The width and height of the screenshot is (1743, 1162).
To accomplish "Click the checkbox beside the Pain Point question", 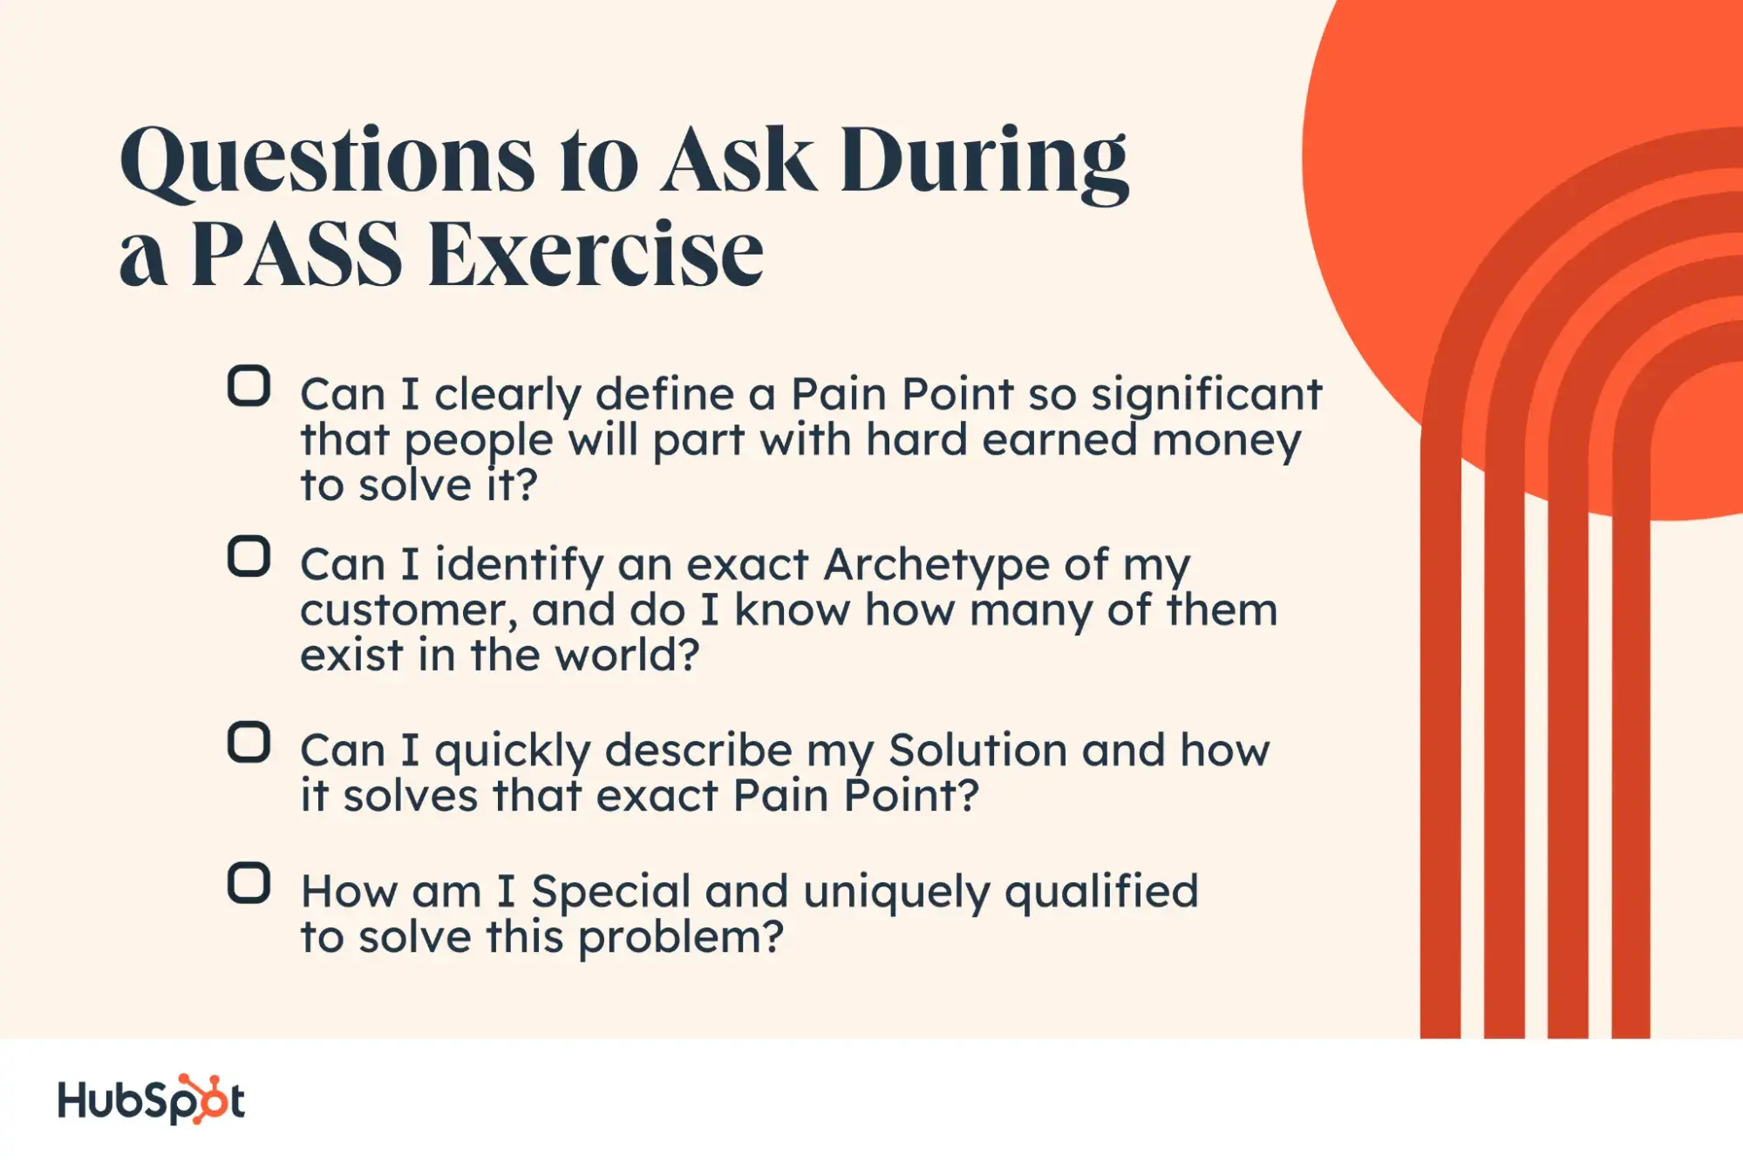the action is (249, 386).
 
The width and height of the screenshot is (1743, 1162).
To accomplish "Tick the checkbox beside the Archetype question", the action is (249, 556).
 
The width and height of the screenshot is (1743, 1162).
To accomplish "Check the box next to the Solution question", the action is (249, 743).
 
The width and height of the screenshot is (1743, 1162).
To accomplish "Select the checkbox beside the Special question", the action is (249, 884).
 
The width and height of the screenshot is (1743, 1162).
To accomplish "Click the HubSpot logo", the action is (151, 1099).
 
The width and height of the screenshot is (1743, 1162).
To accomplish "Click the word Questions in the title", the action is (327, 160).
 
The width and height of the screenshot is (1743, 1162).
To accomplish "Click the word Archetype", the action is (936, 566).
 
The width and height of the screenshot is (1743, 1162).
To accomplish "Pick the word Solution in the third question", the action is (978, 750).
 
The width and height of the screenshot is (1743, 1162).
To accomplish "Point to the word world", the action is (628, 656).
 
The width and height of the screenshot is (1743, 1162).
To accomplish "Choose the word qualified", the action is (1101, 893).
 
